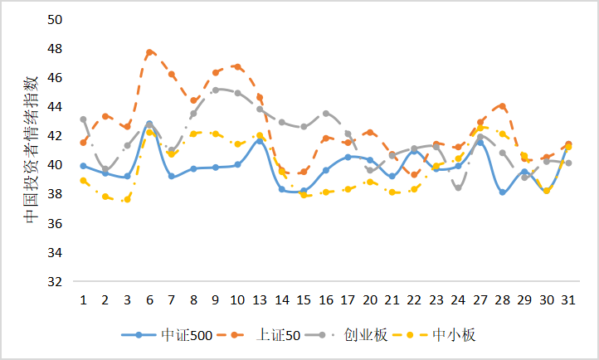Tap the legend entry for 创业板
tap(358, 335)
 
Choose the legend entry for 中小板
tap(452, 335)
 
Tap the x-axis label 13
tap(260, 299)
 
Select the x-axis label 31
tap(567, 299)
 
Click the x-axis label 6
tap(149, 299)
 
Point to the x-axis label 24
tap(458, 299)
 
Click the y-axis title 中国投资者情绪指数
tap(31, 149)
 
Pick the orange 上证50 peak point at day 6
tap(149, 52)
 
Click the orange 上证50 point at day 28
tap(502, 106)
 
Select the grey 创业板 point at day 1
tap(84, 119)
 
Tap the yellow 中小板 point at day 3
tap(127, 200)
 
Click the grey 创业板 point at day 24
tap(458, 187)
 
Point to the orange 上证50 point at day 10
tap(237, 66)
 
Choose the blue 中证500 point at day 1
tap(84, 166)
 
